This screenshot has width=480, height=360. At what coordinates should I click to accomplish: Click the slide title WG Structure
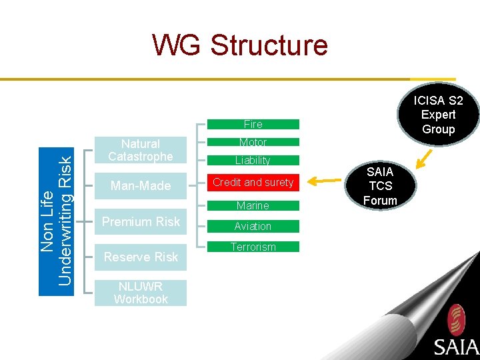pyautogui.click(x=240, y=45)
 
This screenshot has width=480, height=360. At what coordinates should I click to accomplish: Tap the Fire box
pyautogui.click(x=253, y=124)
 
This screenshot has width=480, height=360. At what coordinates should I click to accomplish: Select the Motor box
pyautogui.click(x=253, y=142)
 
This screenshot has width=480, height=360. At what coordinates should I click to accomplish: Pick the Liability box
pyautogui.click(x=253, y=160)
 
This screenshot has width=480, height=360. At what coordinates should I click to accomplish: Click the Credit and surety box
pyautogui.click(x=253, y=182)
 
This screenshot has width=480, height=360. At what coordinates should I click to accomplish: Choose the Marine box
pyautogui.click(x=253, y=205)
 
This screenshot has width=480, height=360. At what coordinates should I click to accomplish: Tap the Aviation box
pyautogui.click(x=253, y=226)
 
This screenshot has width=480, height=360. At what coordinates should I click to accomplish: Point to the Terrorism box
pyautogui.click(x=253, y=247)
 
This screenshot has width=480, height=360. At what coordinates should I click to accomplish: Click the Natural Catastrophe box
pyautogui.click(x=141, y=150)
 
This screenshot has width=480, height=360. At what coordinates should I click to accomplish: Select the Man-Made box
pyautogui.click(x=141, y=185)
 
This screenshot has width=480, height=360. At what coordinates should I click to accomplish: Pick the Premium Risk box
pyautogui.click(x=141, y=221)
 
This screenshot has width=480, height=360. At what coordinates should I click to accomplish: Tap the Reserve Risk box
pyautogui.click(x=141, y=257)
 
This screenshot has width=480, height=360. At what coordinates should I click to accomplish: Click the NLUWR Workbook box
pyautogui.click(x=141, y=293)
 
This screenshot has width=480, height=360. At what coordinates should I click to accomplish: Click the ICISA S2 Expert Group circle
pyautogui.click(x=438, y=115)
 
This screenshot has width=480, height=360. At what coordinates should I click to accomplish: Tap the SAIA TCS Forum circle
pyautogui.click(x=380, y=186)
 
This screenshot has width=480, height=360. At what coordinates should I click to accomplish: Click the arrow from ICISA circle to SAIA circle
pyautogui.click(x=424, y=158)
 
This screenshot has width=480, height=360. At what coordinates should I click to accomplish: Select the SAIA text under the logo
pyautogui.click(x=456, y=347)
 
